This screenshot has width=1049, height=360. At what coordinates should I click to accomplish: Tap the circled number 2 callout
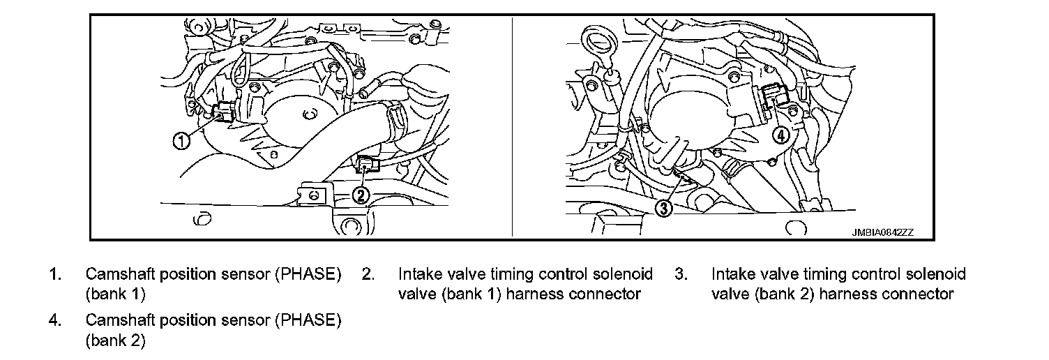point(360,195)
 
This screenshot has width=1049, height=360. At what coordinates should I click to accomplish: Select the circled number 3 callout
point(663,208)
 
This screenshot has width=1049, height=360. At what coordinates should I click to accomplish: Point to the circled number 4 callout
point(780,136)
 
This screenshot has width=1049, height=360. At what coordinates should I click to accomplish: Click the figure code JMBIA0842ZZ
point(883,232)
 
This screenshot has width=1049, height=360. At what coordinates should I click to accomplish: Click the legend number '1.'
point(55,274)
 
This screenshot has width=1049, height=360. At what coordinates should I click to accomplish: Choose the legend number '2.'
point(368,274)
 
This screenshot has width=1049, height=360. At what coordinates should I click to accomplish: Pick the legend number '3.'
point(681,274)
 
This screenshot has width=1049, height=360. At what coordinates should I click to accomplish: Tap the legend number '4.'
point(55,320)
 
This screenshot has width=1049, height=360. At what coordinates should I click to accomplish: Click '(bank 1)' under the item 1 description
point(116,294)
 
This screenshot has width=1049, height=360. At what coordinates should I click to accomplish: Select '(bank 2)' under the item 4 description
point(116,340)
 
